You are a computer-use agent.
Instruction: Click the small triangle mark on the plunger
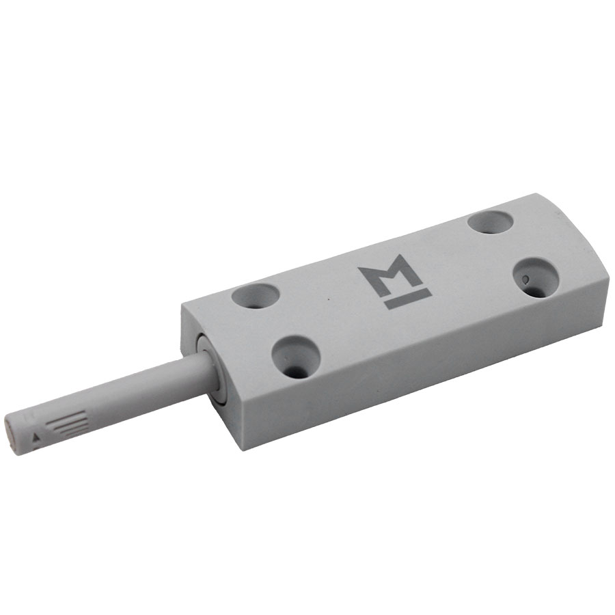pyautogui.click(x=36, y=437)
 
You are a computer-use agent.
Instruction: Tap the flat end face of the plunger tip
pyautogui.click(x=10, y=435)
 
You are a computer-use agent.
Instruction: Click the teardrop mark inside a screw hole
pyautogui.click(x=525, y=279)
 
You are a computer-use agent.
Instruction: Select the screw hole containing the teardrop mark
pyautogui.click(x=536, y=277)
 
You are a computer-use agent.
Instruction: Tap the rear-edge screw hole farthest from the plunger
pyautogui.click(x=490, y=222)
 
